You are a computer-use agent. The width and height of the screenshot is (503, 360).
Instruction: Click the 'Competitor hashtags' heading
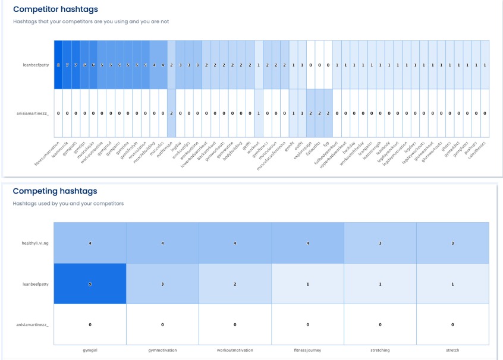point(56,10)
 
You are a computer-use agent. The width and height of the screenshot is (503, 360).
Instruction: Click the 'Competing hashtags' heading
point(55,191)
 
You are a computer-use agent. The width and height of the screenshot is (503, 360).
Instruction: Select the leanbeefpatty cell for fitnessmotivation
point(58,65)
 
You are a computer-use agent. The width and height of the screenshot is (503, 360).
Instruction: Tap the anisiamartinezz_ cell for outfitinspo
point(171,113)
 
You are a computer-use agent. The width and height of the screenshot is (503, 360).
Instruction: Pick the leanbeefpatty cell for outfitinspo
point(171,65)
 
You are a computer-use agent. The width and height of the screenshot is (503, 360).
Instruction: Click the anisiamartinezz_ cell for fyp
point(328,113)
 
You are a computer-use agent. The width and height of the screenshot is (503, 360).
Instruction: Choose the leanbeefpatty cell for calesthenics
point(485,65)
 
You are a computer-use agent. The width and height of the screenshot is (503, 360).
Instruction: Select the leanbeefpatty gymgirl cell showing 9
point(90,284)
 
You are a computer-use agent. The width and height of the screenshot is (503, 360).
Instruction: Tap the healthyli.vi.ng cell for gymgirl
point(90,243)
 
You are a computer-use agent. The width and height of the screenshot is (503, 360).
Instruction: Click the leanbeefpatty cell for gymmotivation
point(162,284)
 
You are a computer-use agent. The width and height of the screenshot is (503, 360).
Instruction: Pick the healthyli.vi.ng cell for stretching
point(380,243)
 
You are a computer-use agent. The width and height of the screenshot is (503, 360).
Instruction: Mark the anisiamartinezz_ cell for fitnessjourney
point(307,324)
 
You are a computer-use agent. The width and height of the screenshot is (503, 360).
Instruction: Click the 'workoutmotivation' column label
point(235,350)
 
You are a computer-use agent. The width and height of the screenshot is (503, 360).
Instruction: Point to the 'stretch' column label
point(452,350)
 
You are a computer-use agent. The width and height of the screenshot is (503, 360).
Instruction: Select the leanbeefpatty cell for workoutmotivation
point(235,284)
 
